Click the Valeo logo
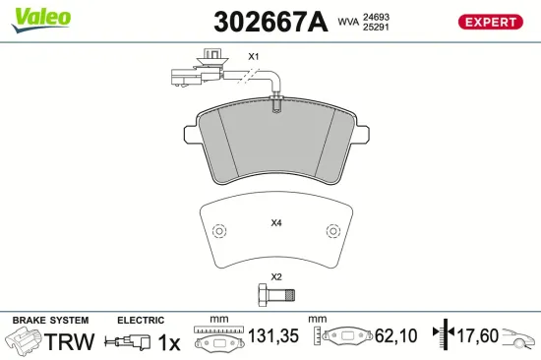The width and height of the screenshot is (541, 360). pos(41,20)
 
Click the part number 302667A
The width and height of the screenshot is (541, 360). pos(270,22)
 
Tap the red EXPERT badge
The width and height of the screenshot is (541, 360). pos(490,22)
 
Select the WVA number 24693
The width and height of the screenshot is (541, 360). pos(376,17)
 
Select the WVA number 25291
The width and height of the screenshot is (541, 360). pos(376,27)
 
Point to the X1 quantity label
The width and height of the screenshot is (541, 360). pos(254,57)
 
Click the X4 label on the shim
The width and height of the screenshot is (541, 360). pos(276,223)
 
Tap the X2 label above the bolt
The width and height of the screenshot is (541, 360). pos(276,276)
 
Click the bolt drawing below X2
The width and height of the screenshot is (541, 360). pos(277,295)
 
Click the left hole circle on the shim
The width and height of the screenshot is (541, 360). pos(219,231)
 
